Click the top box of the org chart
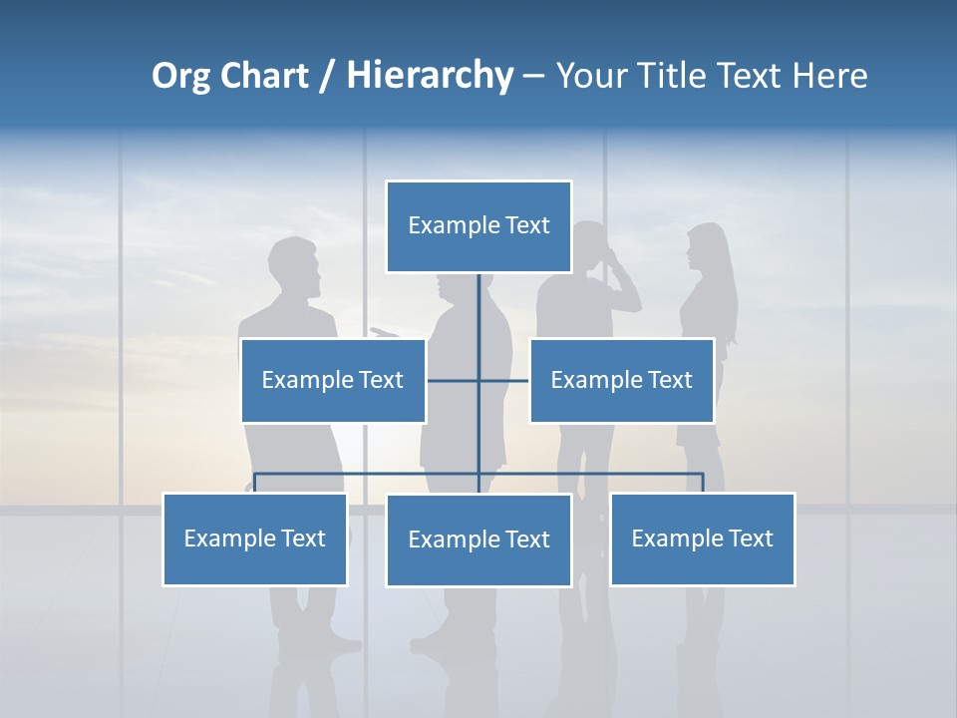(x=478, y=226)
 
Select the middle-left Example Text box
(x=333, y=380)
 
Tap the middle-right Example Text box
(x=621, y=380)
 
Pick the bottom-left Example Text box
(x=254, y=538)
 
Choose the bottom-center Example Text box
(x=478, y=539)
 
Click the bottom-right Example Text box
(x=702, y=538)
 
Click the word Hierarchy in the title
(x=430, y=76)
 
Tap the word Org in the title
(x=181, y=76)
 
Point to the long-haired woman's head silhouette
(x=707, y=247)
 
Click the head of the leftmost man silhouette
(x=296, y=265)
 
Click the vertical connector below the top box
(x=478, y=309)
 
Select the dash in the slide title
(x=533, y=76)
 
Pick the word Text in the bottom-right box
(x=750, y=538)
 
